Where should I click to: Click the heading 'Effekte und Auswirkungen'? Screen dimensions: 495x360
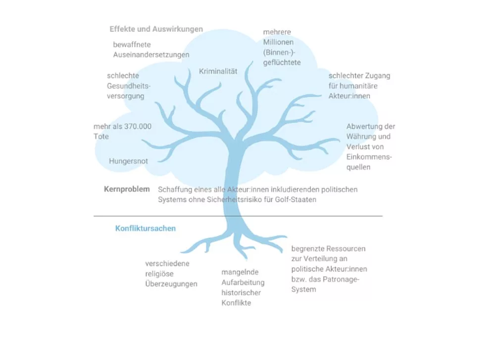pyautogui.click(x=156, y=29)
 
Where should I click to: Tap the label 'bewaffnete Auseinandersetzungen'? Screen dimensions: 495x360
pyautogui.click(x=151, y=50)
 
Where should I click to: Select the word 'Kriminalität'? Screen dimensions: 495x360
pyautogui.click(x=218, y=71)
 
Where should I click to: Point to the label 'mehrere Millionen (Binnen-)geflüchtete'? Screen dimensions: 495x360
pyautogui.click(x=282, y=48)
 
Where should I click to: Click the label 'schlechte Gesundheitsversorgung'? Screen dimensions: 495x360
pyautogui.click(x=129, y=86)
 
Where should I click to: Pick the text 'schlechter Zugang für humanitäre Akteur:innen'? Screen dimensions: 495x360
pyautogui.click(x=359, y=86)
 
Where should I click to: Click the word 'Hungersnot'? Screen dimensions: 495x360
pyautogui.click(x=128, y=161)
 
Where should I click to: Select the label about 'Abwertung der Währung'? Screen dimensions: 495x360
pyautogui.click(x=371, y=147)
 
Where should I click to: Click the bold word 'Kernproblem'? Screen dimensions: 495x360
pyautogui.click(x=127, y=189)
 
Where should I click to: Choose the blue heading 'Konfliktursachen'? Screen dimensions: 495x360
pyautogui.click(x=145, y=228)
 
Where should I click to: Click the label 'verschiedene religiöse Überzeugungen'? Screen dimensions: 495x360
pyautogui.click(x=171, y=274)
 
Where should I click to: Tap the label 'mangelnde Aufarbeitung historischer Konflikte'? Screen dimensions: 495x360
pyautogui.click(x=243, y=287)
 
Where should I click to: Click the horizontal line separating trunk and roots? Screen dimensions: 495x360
pyautogui.click(x=238, y=216)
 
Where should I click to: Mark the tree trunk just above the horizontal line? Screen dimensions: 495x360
pyautogui.click(x=234, y=208)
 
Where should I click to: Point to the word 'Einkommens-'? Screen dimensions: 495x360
pyautogui.click(x=369, y=157)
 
